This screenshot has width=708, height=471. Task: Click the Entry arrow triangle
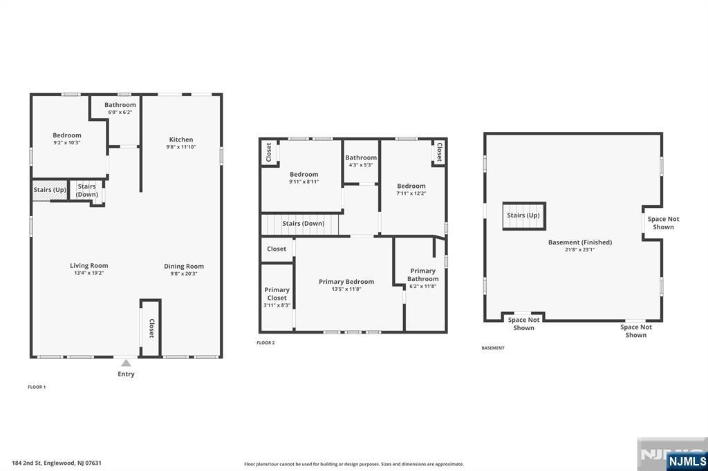pos(126,363)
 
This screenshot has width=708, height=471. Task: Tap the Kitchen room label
pos(181,140)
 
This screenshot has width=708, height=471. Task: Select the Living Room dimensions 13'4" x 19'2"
pos(89,273)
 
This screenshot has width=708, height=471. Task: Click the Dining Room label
pos(184,266)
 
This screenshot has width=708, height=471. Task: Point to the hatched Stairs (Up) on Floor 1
pos(50,190)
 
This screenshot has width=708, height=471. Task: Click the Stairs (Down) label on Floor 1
pos(86,190)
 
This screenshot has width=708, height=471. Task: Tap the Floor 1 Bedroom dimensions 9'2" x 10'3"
pos(67,142)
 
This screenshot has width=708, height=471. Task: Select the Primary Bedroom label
pos(346,282)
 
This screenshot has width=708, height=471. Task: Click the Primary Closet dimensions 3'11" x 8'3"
pos(277,305)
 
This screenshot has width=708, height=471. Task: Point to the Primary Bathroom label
pos(422,275)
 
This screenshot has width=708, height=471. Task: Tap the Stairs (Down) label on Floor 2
pos(304,223)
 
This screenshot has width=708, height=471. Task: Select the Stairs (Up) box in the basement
pos(524,215)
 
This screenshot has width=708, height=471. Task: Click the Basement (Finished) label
pos(580,242)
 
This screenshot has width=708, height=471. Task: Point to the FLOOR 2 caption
pos(265,343)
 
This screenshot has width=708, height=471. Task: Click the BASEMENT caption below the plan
pos(493,348)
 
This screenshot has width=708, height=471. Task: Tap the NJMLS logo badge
pos(687,461)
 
